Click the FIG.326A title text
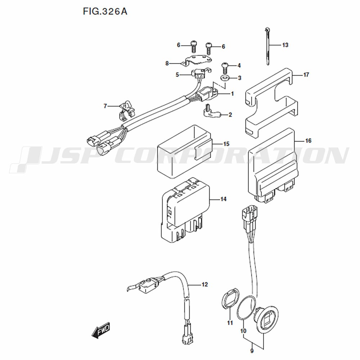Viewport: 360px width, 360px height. (105, 11)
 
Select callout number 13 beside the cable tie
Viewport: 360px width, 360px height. (285, 45)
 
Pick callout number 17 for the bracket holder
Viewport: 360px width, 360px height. (306, 75)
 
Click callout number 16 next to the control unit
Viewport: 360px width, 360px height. (308, 140)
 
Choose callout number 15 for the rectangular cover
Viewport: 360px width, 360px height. (226, 144)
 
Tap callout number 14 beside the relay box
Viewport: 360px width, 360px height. (224, 199)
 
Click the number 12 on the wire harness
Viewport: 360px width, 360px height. (204, 284)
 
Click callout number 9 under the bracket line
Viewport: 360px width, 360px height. (252, 351)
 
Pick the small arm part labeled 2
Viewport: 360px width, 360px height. (212, 112)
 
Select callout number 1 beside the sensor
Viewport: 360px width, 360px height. (232, 94)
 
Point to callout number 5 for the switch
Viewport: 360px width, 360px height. (177, 75)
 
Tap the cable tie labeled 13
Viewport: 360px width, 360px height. (267, 46)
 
